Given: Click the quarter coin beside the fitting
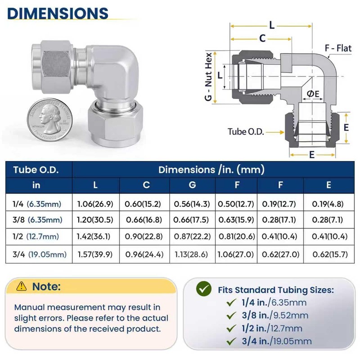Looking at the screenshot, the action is [x=50, y=120].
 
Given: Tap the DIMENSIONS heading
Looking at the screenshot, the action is [x=58, y=13].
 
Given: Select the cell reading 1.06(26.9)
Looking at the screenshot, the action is [x=95, y=204].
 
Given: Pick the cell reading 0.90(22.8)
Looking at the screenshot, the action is [x=144, y=236].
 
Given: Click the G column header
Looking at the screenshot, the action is [x=193, y=185].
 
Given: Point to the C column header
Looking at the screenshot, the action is [x=146, y=185].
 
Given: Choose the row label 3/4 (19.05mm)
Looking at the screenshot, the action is [x=40, y=254].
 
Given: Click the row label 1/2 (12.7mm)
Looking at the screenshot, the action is [x=36, y=237].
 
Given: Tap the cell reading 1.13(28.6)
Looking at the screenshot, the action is [x=191, y=254].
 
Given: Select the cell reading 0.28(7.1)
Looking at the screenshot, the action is [x=328, y=220].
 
